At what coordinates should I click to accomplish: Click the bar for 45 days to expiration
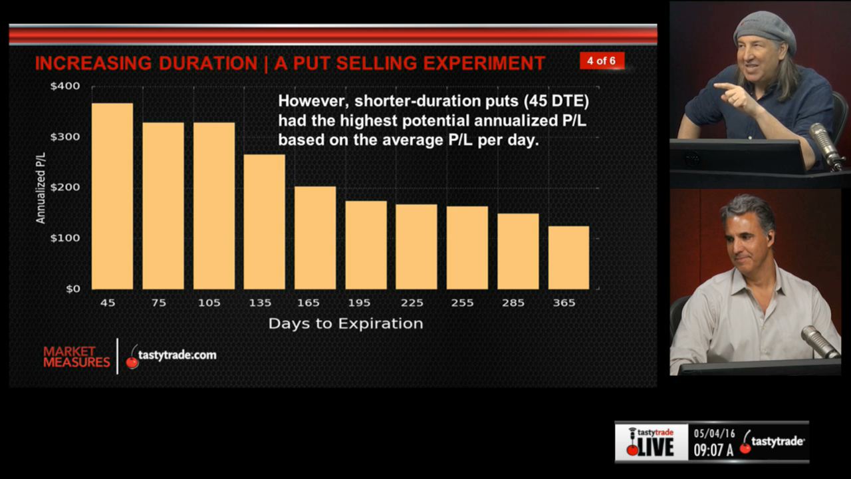tap(112, 196)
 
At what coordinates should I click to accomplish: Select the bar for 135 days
tap(264, 222)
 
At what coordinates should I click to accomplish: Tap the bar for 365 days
tap(568, 257)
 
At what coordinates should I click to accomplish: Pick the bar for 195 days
tap(366, 245)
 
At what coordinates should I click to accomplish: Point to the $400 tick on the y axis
tap(64, 86)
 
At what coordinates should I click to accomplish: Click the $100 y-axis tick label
tap(64, 238)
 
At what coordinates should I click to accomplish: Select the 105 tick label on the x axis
tap(209, 303)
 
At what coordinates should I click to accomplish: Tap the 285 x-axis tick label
tap(513, 303)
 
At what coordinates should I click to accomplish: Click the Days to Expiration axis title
tap(345, 324)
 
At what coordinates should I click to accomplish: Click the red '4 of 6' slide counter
tap(601, 61)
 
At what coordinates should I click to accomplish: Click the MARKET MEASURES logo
tap(76, 357)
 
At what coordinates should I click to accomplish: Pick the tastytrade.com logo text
tap(177, 355)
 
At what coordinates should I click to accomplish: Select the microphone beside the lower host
tap(820, 341)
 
